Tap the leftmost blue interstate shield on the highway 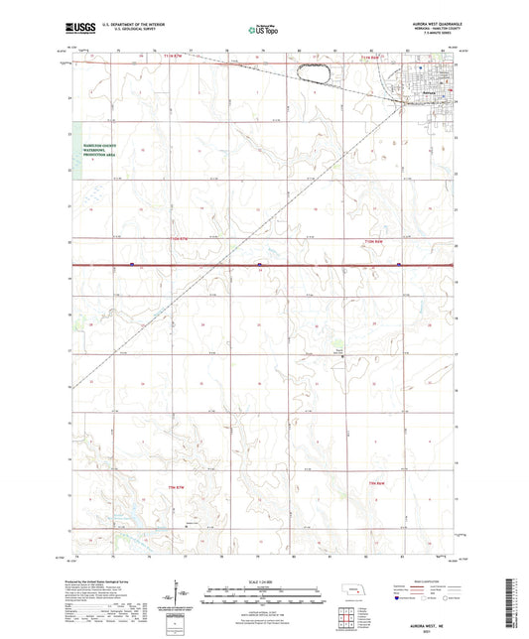click(x=132, y=264)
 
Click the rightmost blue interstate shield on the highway click(x=399, y=264)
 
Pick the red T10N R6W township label click(x=372, y=241)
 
